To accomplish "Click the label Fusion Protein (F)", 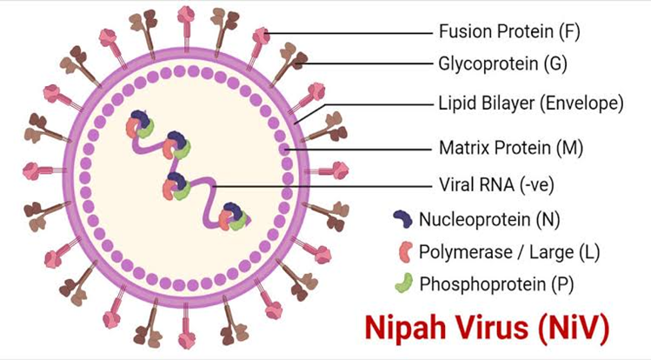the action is (509, 31).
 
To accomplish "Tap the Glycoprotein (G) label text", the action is (502, 64).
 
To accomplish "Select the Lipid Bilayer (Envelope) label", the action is (531, 103).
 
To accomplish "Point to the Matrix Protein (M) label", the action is (511, 148).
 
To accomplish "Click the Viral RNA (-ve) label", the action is (496, 184).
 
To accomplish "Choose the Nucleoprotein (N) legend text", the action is (489, 219).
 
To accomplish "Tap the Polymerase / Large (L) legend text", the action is (509, 252).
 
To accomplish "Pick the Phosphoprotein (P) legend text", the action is (496, 284).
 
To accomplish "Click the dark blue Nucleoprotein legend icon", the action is (402, 219).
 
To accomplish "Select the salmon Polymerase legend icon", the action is (404, 251).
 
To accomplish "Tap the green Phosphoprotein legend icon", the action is (404, 283).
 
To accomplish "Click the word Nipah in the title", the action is (405, 328).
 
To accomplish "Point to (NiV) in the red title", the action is (574, 328).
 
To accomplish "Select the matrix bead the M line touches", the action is (284, 149).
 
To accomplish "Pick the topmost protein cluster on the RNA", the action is (140, 124).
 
